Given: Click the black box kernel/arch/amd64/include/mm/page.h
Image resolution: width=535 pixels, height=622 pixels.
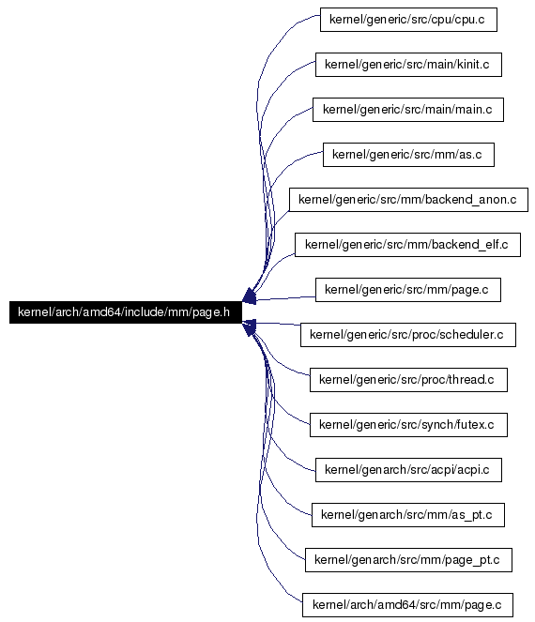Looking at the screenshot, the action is (x=126, y=312).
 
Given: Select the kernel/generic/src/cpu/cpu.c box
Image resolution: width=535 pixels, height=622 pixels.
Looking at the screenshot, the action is (x=408, y=20).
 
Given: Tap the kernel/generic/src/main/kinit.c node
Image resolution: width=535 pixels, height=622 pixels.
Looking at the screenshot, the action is (x=408, y=64).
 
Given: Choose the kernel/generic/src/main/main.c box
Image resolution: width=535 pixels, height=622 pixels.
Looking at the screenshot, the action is (x=408, y=110).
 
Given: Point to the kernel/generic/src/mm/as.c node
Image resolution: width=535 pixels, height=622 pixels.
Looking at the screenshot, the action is (x=408, y=154).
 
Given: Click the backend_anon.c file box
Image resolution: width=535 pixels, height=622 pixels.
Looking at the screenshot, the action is (x=408, y=200).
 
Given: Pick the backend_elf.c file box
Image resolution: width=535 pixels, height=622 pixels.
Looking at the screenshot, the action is (x=407, y=245).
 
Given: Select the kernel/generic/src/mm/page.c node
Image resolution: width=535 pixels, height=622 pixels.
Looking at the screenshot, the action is (x=408, y=290).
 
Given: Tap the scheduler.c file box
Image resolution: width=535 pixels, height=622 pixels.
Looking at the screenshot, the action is (x=408, y=335).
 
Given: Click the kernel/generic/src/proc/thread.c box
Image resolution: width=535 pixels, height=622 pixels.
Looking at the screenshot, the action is (x=408, y=380).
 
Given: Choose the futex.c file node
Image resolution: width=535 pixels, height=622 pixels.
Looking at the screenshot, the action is (x=408, y=425).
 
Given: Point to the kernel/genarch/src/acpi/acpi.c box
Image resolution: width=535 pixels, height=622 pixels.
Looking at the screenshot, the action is (x=408, y=470).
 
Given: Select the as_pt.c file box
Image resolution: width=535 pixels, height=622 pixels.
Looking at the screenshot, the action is (x=408, y=515).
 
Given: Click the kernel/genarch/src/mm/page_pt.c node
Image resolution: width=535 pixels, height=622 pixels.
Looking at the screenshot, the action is (x=408, y=560).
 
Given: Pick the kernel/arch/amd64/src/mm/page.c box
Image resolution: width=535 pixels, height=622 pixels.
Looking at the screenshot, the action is (x=407, y=605).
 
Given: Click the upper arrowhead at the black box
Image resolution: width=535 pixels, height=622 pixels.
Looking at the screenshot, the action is (x=249, y=296).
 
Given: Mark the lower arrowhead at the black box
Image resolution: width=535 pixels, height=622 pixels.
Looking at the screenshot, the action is (x=249, y=327).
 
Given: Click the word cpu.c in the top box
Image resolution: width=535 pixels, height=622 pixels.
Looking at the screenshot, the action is (x=469, y=20).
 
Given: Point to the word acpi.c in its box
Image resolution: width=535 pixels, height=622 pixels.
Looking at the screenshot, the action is (x=473, y=470).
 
